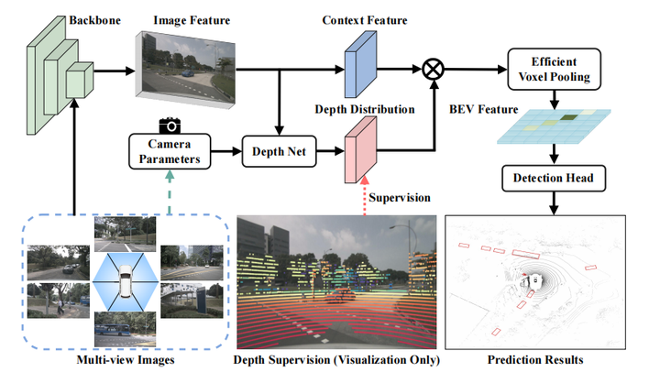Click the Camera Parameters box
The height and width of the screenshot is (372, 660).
click(169, 151)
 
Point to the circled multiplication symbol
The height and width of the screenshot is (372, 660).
click(432, 69)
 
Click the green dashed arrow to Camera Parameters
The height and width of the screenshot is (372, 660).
click(169, 194)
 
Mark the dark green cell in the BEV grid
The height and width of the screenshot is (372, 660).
click(570, 116)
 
